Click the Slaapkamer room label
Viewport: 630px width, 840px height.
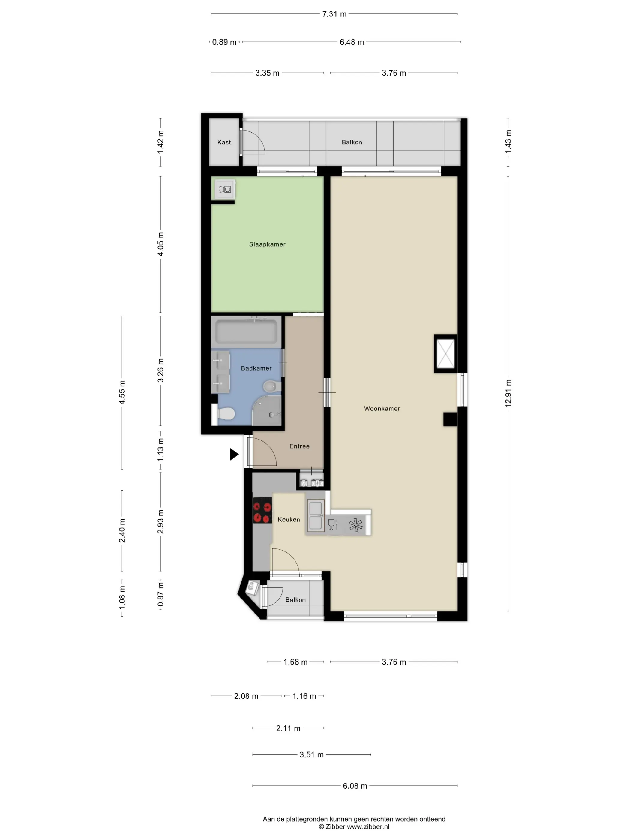coord(267,244)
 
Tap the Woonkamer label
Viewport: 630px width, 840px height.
coord(382,408)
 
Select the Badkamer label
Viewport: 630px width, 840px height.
coord(256,368)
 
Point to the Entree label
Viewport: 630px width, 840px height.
coord(299,446)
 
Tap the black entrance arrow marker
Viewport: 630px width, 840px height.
coord(234,454)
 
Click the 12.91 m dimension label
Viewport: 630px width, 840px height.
coord(508,393)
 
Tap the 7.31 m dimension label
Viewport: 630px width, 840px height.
coord(334,14)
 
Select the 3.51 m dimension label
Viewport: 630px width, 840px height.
coord(311,754)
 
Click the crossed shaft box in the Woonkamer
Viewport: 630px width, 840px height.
coord(445,353)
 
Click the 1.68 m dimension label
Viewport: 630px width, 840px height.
coord(295,661)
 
